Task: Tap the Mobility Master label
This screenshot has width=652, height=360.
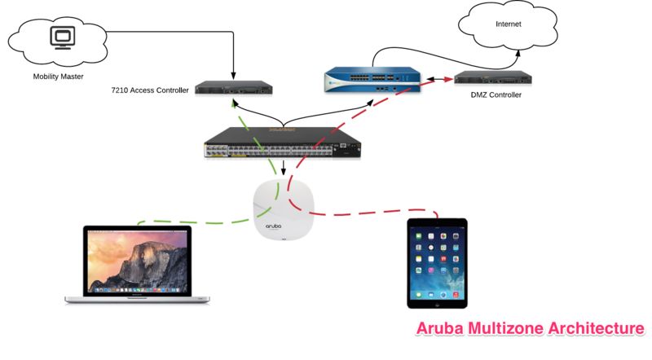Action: click(x=59, y=78)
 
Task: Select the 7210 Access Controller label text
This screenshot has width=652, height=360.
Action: click(x=150, y=90)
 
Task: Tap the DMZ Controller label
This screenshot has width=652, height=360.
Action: click(x=495, y=95)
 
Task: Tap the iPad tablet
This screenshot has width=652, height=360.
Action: click(x=438, y=262)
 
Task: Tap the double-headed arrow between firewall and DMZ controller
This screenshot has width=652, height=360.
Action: click(x=439, y=80)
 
